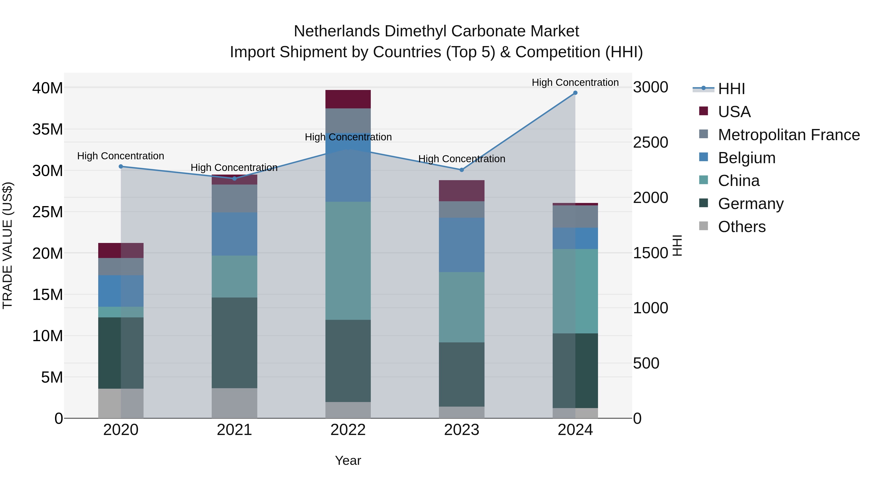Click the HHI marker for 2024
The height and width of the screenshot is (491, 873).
click(575, 93)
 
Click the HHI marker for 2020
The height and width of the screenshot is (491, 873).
click(121, 166)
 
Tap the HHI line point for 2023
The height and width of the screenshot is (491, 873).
click(461, 170)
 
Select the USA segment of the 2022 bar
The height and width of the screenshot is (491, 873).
click(348, 99)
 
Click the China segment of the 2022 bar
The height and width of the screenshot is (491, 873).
click(348, 261)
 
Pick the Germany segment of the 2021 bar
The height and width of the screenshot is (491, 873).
click(234, 343)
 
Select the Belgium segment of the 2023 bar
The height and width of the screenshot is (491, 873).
click(461, 245)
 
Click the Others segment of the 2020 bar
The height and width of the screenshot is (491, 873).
click(121, 403)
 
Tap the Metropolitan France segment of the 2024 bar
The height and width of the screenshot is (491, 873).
click(575, 217)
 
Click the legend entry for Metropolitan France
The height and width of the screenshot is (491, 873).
click(789, 135)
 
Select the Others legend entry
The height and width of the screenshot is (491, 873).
click(742, 227)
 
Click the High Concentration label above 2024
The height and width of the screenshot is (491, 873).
click(575, 82)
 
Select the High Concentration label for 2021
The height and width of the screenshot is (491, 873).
click(234, 167)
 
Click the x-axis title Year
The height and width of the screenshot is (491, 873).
click(348, 460)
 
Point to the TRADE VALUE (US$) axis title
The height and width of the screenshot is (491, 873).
click(8, 245)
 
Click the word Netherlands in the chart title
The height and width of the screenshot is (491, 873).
click(337, 31)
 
